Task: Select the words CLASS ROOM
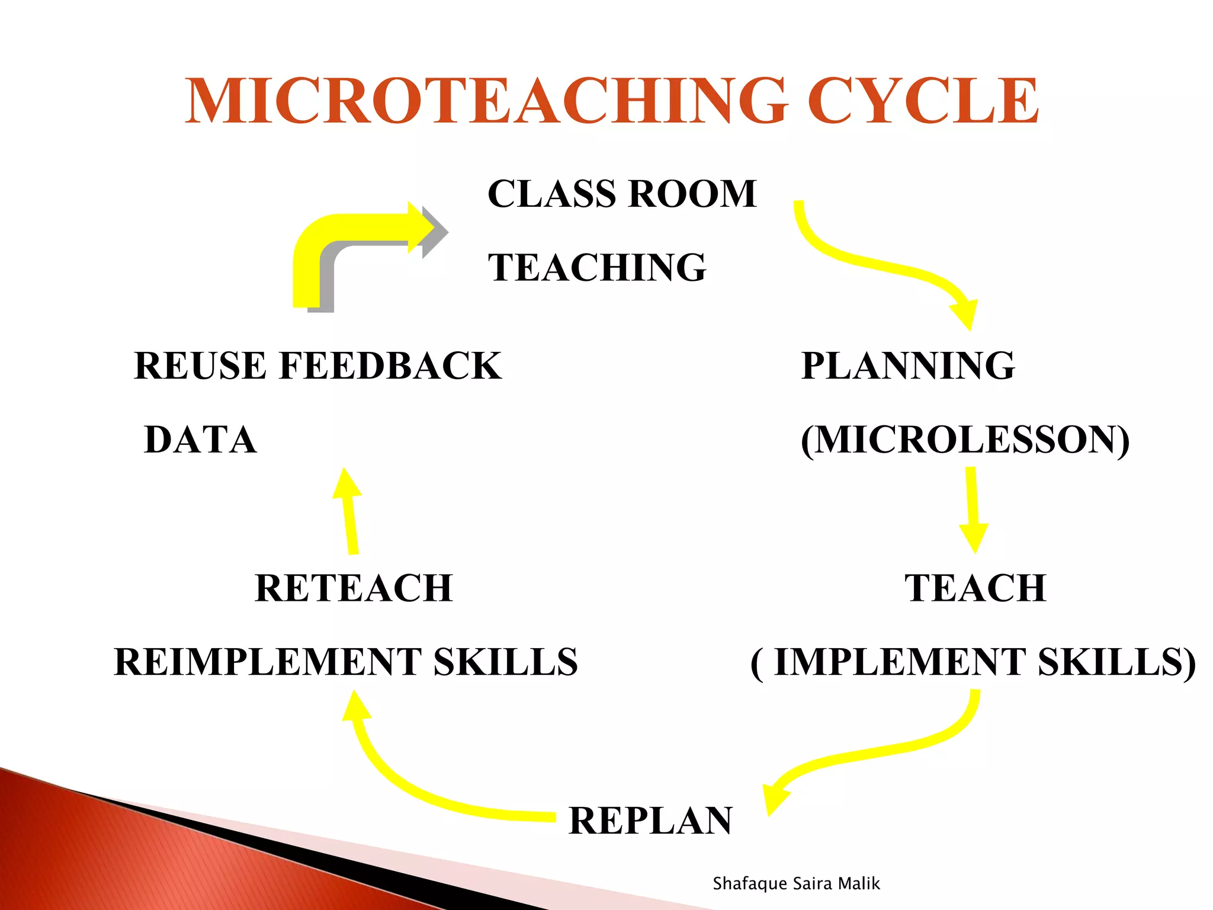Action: [x=622, y=194]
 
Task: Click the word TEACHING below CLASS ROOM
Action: [x=597, y=267]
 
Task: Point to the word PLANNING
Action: [x=908, y=366]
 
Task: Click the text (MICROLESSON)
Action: [x=965, y=440]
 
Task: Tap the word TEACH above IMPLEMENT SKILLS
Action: [x=975, y=588]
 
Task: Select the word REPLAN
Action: [x=650, y=821]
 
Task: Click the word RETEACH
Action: [x=354, y=588]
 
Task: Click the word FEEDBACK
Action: [x=390, y=366]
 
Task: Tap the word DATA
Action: [x=200, y=440]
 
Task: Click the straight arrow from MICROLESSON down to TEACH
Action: [x=971, y=510]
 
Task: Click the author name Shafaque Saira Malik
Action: [x=796, y=883]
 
